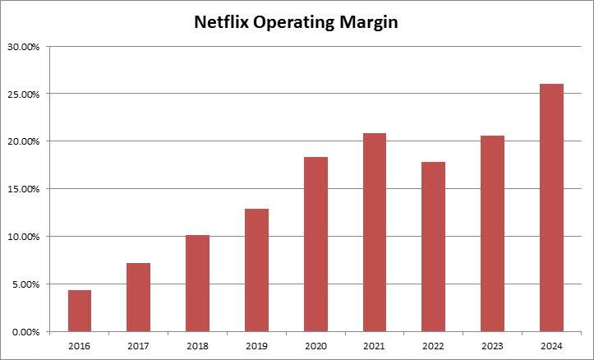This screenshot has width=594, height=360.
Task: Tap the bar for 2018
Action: (197, 283)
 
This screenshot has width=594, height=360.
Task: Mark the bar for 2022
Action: (433, 247)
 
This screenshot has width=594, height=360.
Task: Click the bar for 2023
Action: (492, 233)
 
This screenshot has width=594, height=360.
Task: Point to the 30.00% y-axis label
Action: (25, 46)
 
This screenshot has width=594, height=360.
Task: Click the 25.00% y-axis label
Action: (25, 94)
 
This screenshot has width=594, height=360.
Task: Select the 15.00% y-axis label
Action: (25, 189)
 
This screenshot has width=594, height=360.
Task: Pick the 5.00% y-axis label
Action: (27, 284)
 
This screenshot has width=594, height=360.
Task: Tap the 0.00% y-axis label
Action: (27, 332)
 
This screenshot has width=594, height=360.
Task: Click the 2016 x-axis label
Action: (80, 345)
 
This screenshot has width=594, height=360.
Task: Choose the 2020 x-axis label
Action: (315, 345)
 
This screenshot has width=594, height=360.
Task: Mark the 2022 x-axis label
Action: (433, 345)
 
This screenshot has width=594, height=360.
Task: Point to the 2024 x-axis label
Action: (551, 345)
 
